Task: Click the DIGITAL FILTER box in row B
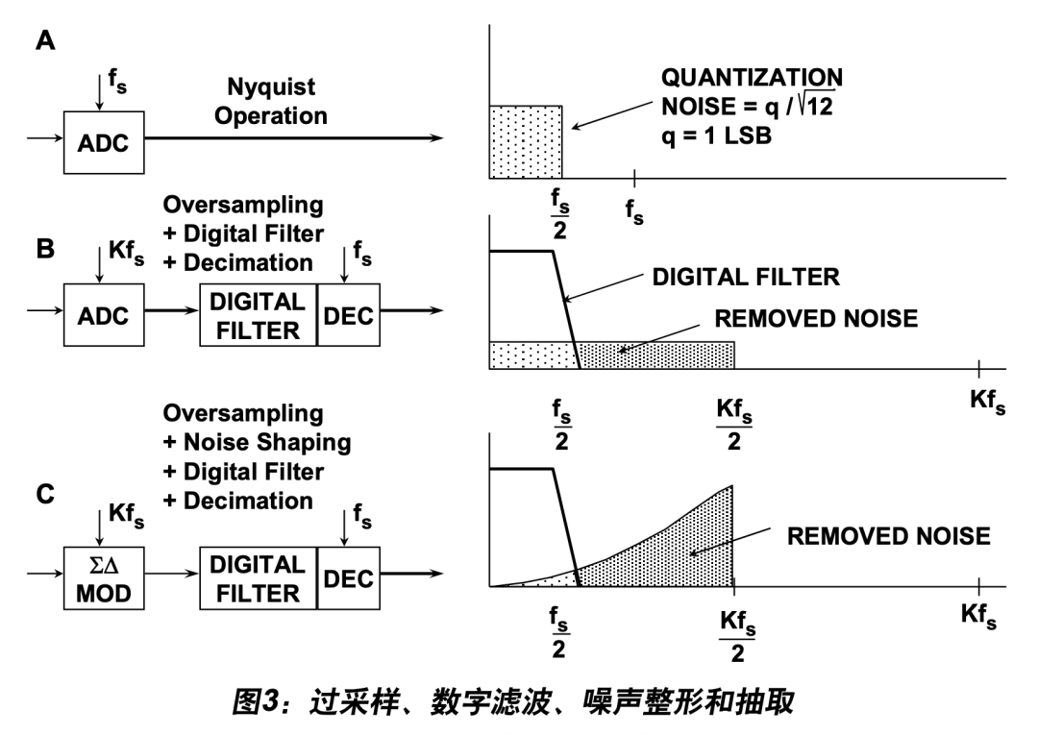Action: [x=258, y=315]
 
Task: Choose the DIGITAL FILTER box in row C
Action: [x=258, y=579]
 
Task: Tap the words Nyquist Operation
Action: [x=271, y=102]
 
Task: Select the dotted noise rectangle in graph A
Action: [x=526, y=141]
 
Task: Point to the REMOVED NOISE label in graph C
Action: [x=888, y=536]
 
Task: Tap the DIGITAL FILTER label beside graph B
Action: [x=746, y=278]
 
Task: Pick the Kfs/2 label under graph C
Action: [x=735, y=638]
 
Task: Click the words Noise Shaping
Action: [x=257, y=443]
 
